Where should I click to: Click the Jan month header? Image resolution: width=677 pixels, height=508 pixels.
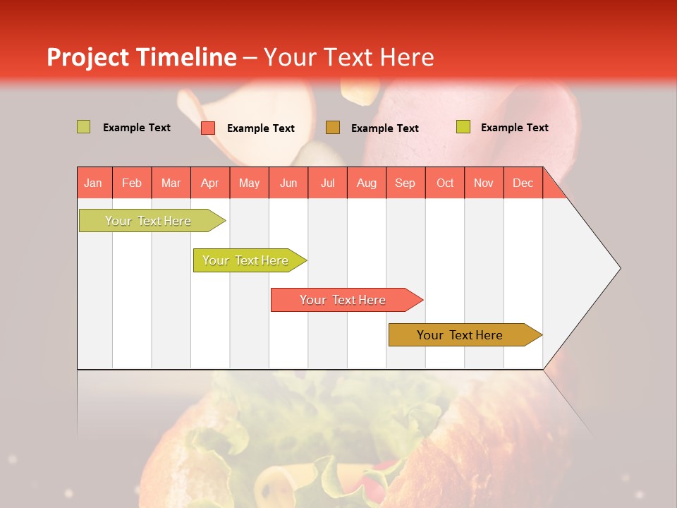coord(93,183)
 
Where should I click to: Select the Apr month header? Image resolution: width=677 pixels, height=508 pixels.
coord(210,183)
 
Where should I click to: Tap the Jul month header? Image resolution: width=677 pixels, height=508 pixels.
coord(328,183)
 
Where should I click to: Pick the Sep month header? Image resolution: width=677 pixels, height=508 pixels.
coord(405,183)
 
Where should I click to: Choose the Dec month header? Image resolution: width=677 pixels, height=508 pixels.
coord(523,183)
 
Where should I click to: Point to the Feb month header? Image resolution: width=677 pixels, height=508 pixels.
coord(132,183)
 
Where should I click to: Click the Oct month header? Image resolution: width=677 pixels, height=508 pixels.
coord(445,183)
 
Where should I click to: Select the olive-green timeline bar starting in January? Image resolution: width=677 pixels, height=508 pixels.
coord(149,221)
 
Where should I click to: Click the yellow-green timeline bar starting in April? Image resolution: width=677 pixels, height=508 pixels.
coord(246,260)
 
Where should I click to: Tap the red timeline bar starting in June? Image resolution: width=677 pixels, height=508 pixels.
coord(343,300)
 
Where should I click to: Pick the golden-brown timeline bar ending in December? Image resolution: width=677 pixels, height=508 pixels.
coord(461,335)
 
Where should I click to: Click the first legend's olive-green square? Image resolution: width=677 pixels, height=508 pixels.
coord(84,127)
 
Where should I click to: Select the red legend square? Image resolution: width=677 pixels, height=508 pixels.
coord(208,128)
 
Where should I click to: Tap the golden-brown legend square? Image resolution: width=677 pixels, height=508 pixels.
coord(333,128)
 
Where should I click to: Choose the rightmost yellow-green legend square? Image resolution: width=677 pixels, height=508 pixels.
coord(463,127)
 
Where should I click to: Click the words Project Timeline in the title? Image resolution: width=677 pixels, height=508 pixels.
coord(142,57)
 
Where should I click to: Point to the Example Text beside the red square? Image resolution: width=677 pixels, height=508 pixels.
coord(261,128)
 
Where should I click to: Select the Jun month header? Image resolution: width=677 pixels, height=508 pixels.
coord(288,183)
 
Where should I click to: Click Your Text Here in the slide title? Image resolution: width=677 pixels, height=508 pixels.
coord(349,57)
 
